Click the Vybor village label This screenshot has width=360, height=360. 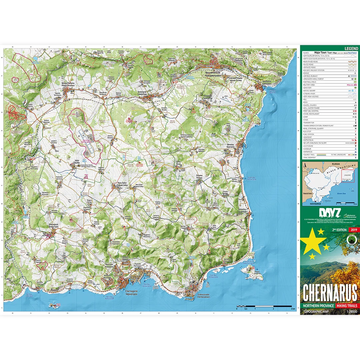click(77, 161)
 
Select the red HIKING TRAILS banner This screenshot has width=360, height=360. click(347, 306)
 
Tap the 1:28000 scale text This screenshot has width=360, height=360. click(352, 312)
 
